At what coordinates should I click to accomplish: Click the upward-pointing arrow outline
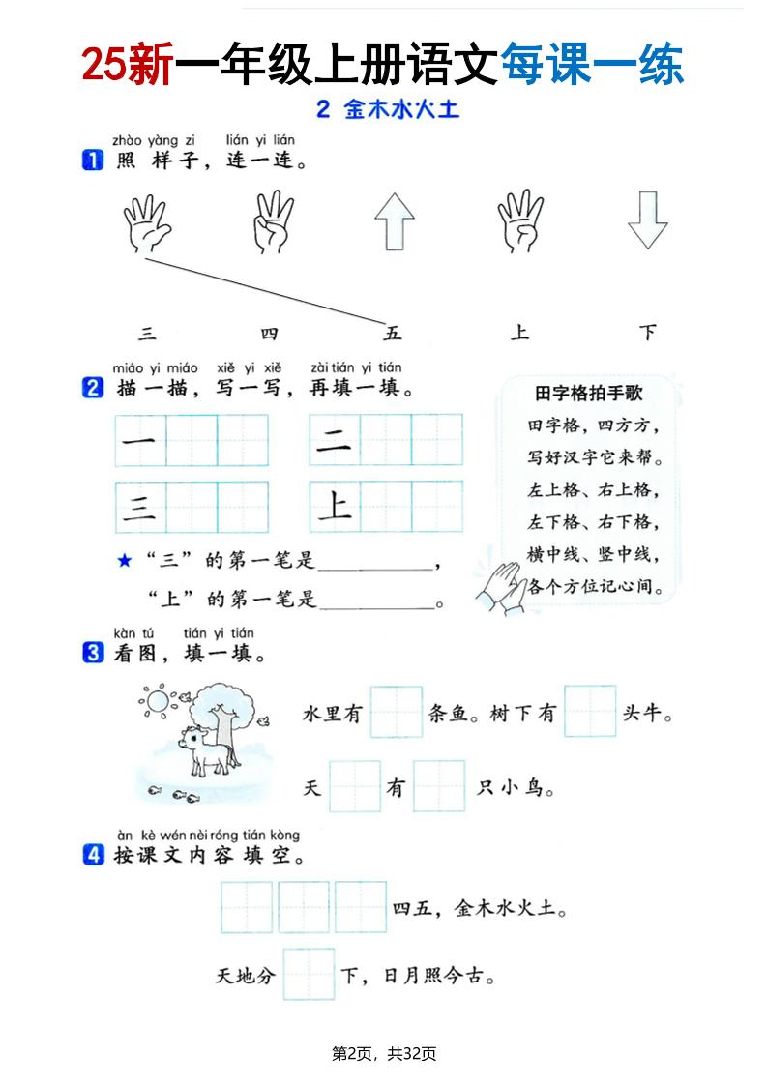click(394, 221)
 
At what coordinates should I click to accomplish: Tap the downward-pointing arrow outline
click(647, 221)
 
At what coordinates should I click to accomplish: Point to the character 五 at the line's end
click(392, 334)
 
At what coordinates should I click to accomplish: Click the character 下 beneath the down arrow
click(648, 334)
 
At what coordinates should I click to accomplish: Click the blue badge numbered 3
click(93, 654)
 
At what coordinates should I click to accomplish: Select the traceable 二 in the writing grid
click(335, 440)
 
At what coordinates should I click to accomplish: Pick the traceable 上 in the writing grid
click(335, 506)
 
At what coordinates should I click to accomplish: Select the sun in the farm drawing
click(155, 699)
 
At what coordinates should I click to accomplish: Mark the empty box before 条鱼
click(396, 713)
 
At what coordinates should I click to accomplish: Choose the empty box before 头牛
click(590, 713)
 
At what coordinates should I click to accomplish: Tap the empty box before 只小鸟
click(439, 787)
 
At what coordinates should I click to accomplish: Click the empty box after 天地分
click(309, 974)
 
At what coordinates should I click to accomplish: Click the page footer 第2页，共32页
click(384, 1053)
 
